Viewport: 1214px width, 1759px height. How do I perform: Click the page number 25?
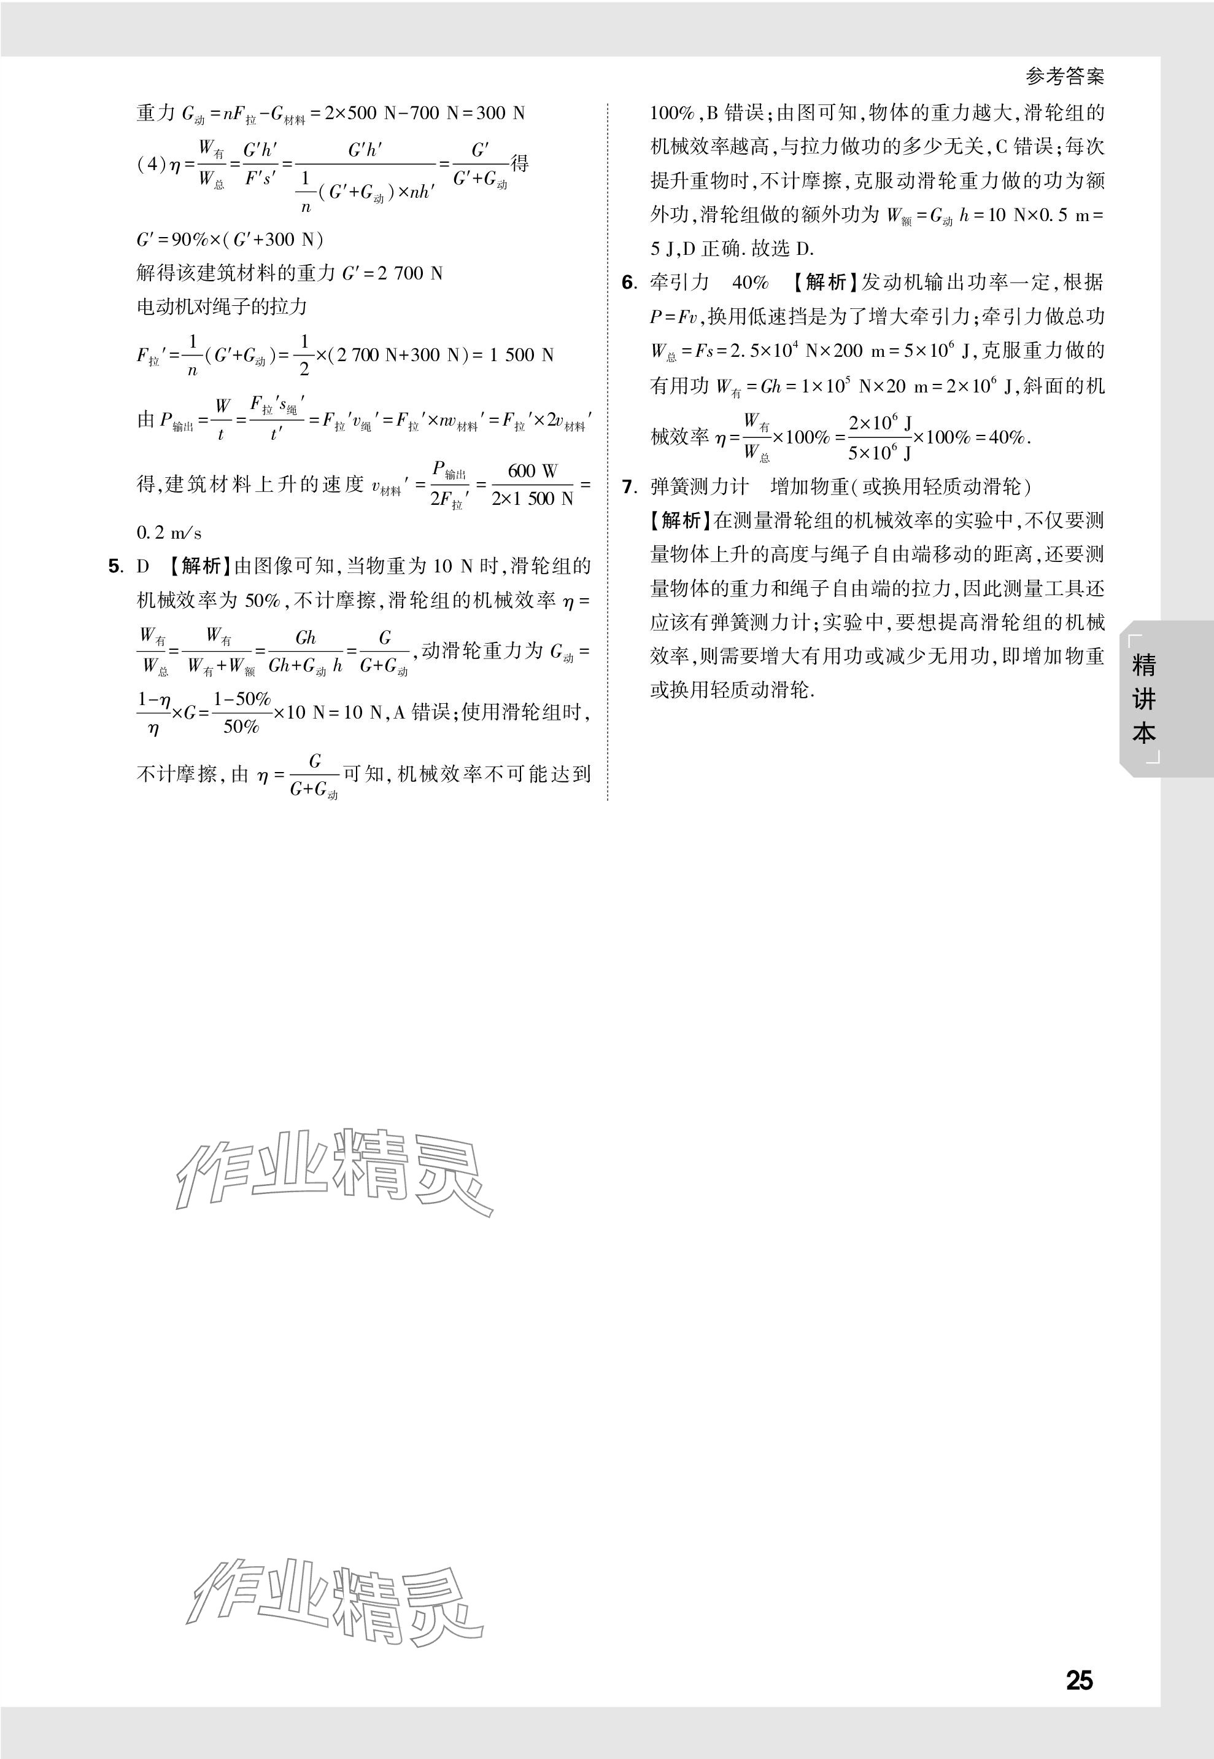(1078, 1679)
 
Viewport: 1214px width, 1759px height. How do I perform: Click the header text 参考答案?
(1064, 76)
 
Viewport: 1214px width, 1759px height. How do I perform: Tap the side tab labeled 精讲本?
(1143, 699)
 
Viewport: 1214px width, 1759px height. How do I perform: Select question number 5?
(115, 566)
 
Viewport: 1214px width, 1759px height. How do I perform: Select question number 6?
(628, 283)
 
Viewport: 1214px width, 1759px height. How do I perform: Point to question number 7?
(628, 486)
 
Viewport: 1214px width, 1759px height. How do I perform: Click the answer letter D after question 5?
(143, 566)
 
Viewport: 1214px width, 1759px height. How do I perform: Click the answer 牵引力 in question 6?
(679, 283)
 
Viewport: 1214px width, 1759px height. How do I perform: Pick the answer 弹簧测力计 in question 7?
(699, 486)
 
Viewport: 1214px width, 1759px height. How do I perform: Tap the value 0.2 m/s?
(169, 533)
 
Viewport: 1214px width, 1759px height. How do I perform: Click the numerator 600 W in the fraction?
(533, 471)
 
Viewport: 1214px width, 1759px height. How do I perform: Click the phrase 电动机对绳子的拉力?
(222, 306)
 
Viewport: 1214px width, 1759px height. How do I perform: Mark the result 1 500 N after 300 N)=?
(522, 355)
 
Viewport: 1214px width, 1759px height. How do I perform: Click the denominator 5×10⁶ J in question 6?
(880, 453)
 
